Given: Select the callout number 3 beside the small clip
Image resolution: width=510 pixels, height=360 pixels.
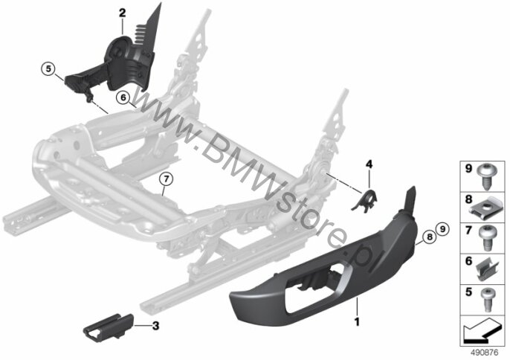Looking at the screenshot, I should (x=155, y=325).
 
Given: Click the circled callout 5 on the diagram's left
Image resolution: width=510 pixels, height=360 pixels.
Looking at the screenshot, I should (x=48, y=70).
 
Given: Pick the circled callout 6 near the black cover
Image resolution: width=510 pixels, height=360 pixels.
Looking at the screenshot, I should (x=123, y=97).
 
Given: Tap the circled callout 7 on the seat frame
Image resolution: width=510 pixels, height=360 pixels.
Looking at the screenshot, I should (x=167, y=179).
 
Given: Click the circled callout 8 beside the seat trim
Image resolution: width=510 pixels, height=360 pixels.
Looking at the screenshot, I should (x=427, y=237).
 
